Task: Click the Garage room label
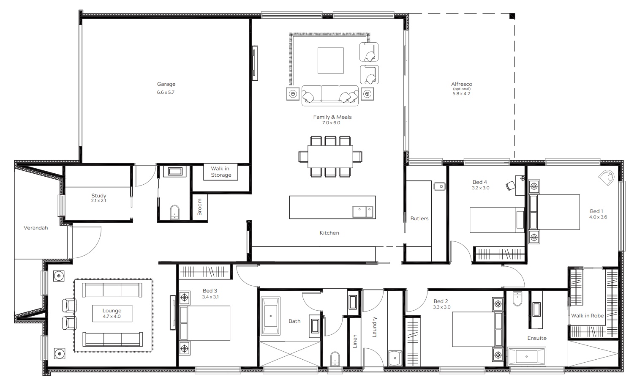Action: (x=166, y=84)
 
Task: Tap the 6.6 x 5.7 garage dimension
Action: (x=166, y=92)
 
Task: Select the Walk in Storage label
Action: (x=220, y=172)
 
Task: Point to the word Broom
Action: (x=199, y=207)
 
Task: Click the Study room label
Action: (x=99, y=196)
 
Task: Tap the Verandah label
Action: (x=36, y=228)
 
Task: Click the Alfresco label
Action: (x=462, y=84)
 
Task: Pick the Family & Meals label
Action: (x=332, y=117)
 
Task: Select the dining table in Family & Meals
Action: (x=330, y=156)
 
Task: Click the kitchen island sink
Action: (x=362, y=212)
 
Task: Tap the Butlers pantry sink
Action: (x=439, y=186)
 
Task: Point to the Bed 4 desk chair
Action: (x=511, y=186)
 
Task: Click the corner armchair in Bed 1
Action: (x=607, y=178)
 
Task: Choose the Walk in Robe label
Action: (x=587, y=316)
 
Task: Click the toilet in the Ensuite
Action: (x=517, y=298)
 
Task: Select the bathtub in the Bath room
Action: (x=270, y=316)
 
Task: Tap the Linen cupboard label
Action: (x=354, y=341)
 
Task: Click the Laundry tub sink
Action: (x=395, y=358)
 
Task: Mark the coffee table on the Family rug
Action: (x=330, y=60)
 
